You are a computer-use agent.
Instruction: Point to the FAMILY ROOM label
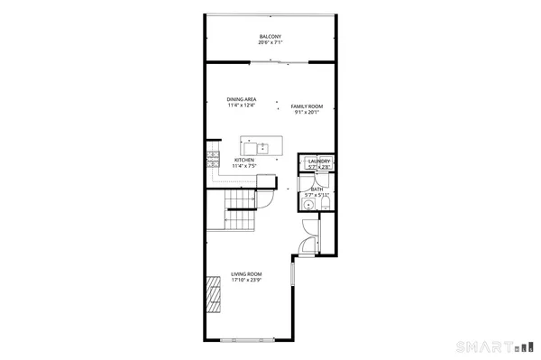(307, 106)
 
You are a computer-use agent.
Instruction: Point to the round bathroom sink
(308, 205)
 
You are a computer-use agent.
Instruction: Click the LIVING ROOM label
(245, 273)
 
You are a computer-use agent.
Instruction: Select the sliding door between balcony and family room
(270, 61)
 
